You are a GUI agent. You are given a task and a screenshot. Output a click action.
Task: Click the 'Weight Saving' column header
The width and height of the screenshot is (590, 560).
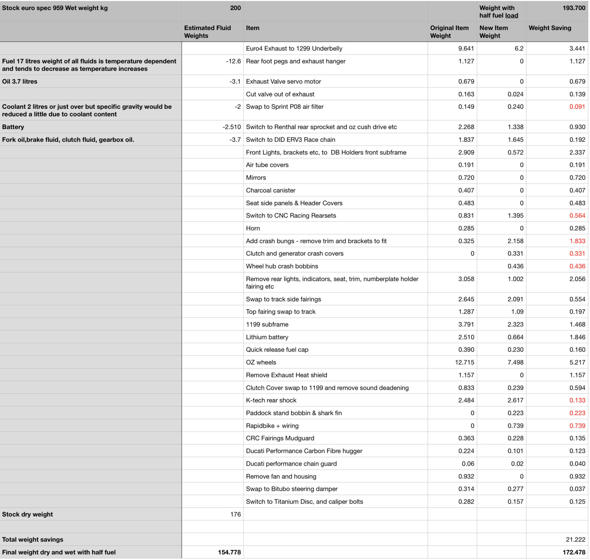[549, 28]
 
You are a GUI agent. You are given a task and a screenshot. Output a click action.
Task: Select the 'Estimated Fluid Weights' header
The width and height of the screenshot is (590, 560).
[207, 32]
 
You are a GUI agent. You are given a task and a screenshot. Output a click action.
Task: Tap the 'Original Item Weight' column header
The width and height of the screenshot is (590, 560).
[449, 32]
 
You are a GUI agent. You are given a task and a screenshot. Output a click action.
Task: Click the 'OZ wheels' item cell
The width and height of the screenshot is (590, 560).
[261, 362]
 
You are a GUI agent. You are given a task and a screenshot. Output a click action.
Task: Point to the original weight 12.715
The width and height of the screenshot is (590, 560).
[464, 362]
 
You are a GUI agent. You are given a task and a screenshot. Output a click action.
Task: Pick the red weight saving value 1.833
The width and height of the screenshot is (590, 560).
[577, 241]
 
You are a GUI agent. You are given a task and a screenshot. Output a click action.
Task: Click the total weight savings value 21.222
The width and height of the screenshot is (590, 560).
[575, 539]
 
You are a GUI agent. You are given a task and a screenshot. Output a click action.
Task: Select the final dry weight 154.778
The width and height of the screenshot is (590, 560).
[229, 552]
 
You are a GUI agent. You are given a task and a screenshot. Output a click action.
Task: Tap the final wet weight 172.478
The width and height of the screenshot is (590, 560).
[574, 552]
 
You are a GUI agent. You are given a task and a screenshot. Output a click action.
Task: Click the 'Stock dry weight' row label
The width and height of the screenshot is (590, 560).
[28, 514]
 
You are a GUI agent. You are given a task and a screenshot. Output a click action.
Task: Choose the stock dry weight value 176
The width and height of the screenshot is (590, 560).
[235, 514]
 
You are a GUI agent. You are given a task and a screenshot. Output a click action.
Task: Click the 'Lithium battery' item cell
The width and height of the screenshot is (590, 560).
[267, 337]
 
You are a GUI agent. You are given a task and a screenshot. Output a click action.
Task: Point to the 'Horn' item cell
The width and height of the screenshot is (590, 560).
[253, 228]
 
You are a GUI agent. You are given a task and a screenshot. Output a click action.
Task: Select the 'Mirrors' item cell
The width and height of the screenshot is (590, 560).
[256, 178]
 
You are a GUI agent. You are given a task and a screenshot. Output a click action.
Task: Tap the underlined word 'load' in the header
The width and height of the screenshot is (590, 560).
[511, 15]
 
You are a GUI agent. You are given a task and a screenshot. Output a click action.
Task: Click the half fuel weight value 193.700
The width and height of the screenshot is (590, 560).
[574, 8]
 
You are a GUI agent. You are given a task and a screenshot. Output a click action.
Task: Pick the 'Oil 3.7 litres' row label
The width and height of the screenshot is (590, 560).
[20, 81]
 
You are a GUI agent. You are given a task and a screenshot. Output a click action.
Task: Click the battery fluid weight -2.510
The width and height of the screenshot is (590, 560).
[232, 127]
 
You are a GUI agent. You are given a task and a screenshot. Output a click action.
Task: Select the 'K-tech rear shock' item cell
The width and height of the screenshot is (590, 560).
[271, 400]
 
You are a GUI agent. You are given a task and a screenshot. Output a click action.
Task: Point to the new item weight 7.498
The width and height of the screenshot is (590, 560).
[515, 362]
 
